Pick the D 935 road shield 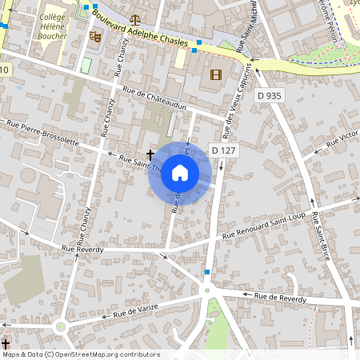tap(270, 96)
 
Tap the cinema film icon tap(214, 75)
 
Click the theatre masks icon tap(94, 36)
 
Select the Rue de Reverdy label tap(280, 298)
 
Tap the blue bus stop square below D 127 tap(207, 273)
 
